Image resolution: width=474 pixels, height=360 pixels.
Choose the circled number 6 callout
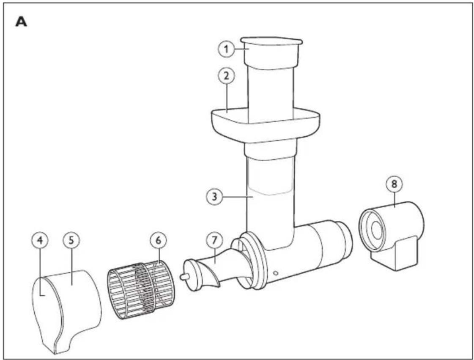158,240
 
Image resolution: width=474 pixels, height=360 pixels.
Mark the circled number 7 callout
214,240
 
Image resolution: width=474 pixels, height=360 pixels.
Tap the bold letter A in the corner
21,22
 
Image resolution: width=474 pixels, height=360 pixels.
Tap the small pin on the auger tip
184,276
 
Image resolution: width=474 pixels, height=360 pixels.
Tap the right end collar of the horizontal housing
344,240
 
